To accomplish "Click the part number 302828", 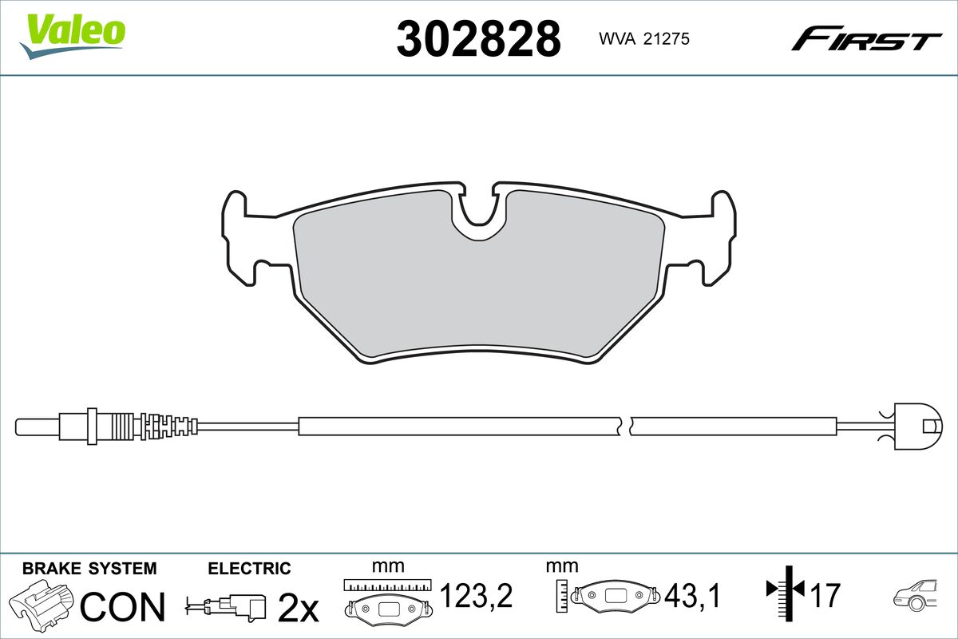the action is (478, 38).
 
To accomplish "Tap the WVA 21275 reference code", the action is (644, 39).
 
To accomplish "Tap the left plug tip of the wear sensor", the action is (38, 427).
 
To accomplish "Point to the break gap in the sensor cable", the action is (625, 427).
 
